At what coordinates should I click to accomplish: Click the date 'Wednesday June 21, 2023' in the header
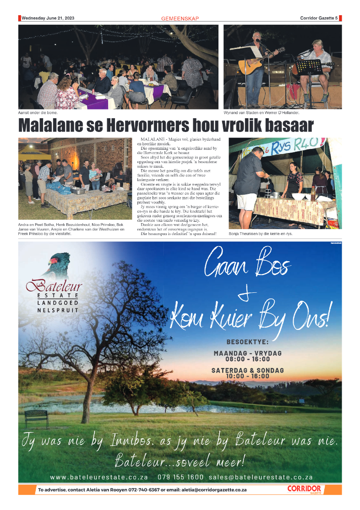[48, 18]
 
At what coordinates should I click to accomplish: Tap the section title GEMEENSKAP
[180, 19]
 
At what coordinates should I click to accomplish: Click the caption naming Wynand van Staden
[261, 112]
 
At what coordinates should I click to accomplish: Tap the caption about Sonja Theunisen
[260, 233]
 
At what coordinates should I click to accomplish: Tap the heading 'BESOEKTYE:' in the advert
[248, 342]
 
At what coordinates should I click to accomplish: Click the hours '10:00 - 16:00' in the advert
[248, 376]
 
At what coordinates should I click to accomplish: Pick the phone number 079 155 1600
[180, 477]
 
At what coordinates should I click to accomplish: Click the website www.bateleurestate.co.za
[99, 477]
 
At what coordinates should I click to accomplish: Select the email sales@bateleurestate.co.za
[261, 477]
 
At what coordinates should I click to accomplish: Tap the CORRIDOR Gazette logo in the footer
[304, 489]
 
